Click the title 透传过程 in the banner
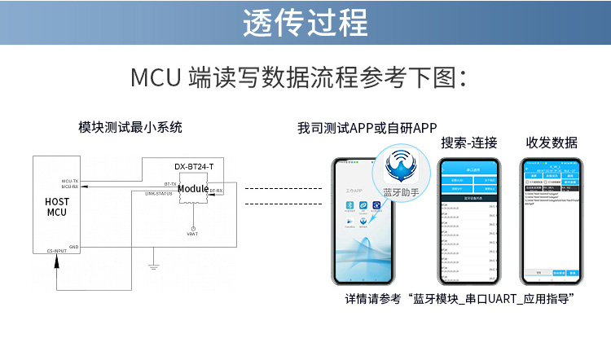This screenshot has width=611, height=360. (305, 23)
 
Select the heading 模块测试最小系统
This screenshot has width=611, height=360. (130, 127)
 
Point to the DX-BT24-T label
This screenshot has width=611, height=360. (194, 166)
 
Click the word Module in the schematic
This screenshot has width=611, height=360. (193, 189)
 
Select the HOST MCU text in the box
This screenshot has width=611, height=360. (56, 206)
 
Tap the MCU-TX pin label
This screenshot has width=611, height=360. (70, 181)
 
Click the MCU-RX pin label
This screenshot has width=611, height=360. (70, 187)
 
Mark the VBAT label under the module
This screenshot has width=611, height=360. (192, 234)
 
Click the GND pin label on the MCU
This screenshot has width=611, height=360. (73, 246)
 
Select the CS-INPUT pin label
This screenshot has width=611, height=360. (56, 252)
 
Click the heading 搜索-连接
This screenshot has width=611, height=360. (469, 143)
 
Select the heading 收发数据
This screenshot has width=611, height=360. (552, 143)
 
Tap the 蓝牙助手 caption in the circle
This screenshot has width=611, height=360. (400, 192)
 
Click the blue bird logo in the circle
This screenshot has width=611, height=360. (400, 165)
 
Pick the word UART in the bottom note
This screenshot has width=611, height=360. (491, 300)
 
